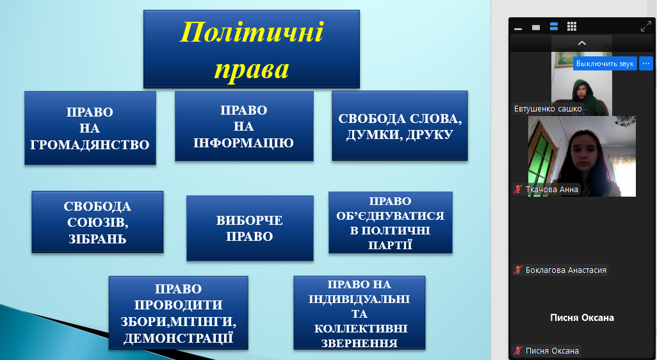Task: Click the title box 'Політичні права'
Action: [252, 49]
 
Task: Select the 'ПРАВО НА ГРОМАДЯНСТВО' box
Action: [90, 128]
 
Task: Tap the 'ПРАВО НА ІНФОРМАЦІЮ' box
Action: [244, 126]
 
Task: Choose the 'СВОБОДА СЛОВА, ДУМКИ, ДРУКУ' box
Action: [400, 126]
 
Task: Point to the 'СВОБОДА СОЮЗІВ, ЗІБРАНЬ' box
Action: [97, 222]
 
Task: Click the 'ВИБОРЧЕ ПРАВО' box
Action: [250, 228]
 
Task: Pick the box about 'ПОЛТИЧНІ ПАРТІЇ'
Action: [391, 222]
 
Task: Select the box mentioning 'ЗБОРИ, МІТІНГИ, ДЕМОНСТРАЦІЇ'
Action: [179, 313]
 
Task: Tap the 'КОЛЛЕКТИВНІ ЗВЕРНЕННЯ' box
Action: [359, 313]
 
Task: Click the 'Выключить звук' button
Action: [604, 63]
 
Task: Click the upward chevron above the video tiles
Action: [581, 43]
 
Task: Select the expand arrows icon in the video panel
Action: [645, 27]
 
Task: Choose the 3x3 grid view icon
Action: [572, 27]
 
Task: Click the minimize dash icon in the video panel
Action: [518, 29]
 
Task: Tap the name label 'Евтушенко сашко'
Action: [547, 108]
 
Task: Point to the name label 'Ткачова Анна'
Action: [552, 190]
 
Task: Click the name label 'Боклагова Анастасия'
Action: [565, 270]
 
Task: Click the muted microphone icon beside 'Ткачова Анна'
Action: [518, 190]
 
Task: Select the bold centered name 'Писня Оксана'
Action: [582, 318]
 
